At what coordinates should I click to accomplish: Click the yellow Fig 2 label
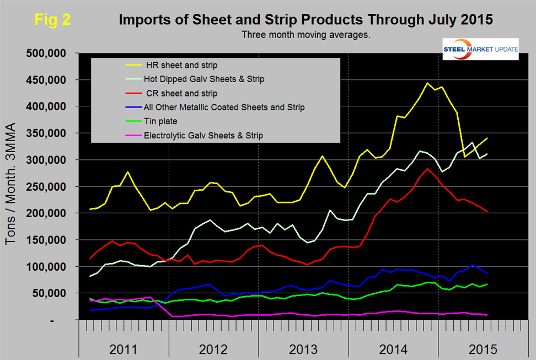(x=52, y=20)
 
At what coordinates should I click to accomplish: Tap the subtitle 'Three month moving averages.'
(x=305, y=34)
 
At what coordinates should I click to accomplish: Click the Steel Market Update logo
(x=481, y=50)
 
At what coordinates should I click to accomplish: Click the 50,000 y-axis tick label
(x=53, y=293)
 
